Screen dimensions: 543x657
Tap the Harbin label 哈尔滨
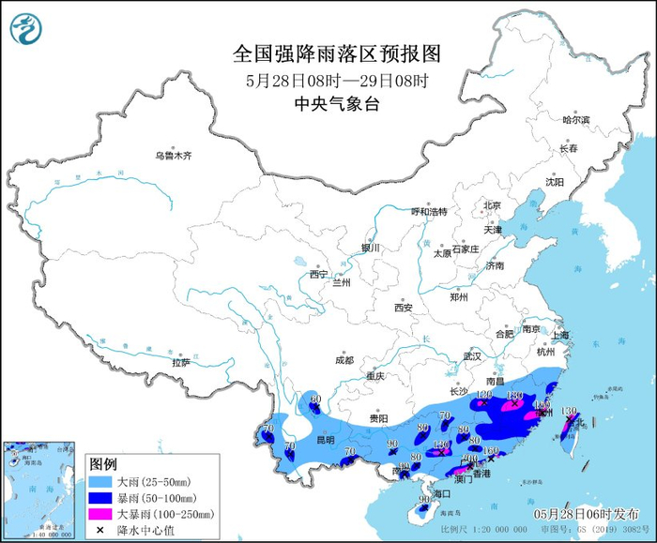tap(575, 120)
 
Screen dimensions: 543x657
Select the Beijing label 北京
tap(492, 205)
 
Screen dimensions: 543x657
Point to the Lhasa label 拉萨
tap(180, 362)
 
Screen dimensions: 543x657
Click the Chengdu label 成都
tap(344, 360)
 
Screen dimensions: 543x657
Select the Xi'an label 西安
tap(404, 307)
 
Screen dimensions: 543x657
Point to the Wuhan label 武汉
tap(471, 356)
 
